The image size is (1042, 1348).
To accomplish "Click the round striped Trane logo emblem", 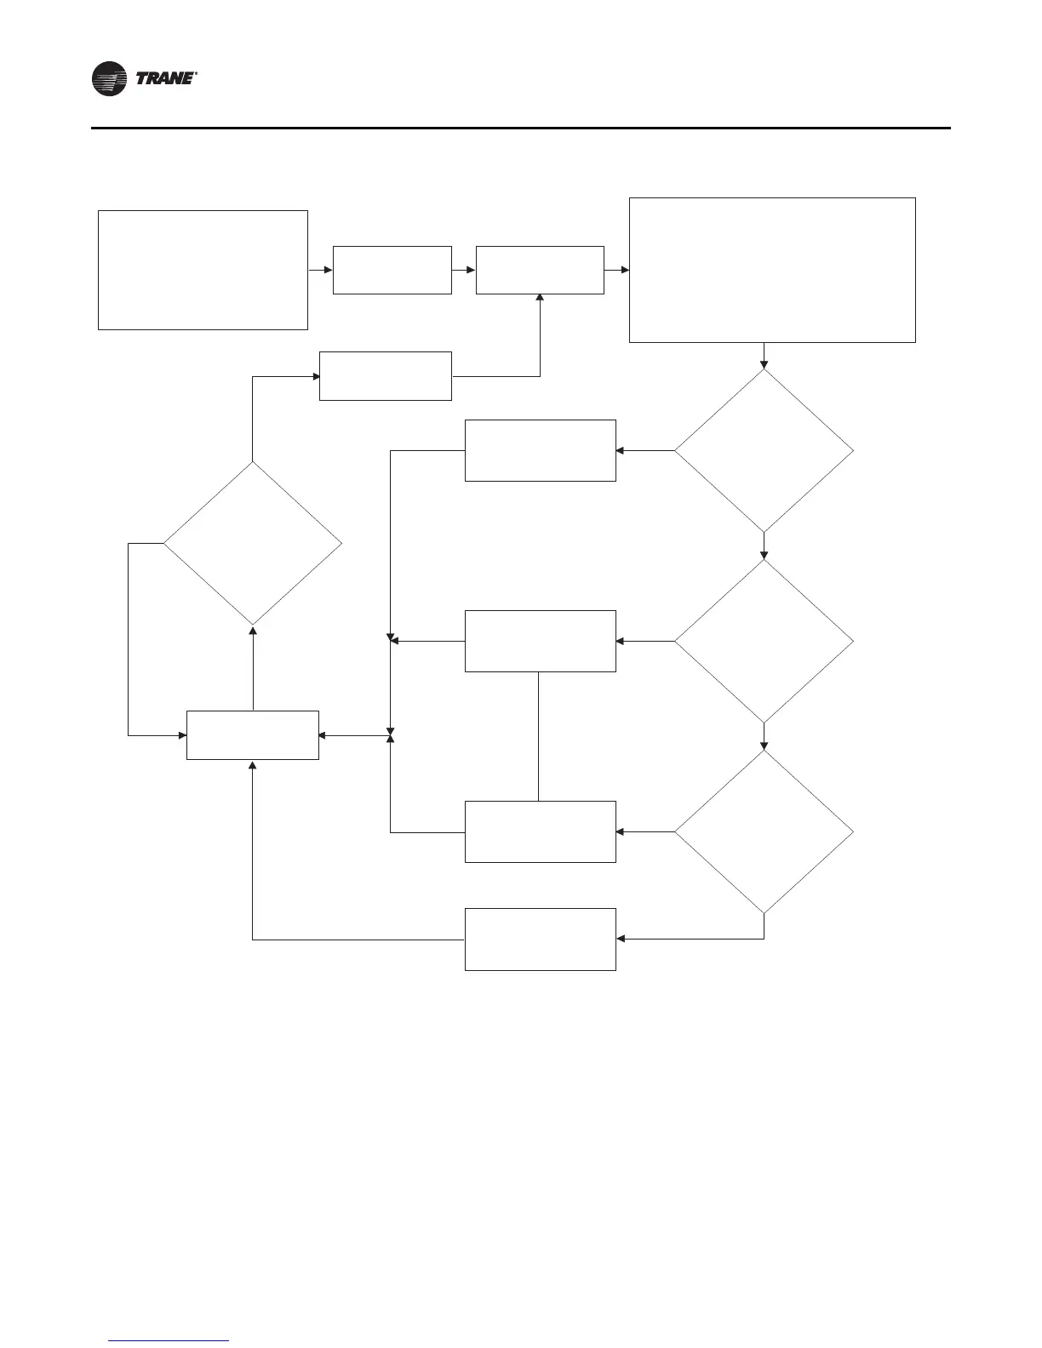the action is pyautogui.click(x=109, y=79).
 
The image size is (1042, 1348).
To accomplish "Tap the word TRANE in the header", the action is pyautogui.click(x=165, y=79).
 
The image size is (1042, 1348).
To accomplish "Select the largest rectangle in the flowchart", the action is pyautogui.click(x=772, y=270).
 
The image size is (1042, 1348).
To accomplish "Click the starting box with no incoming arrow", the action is pyautogui.click(x=203, y=270).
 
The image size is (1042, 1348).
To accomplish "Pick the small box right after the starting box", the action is pyautogui.click(x=392, y=270).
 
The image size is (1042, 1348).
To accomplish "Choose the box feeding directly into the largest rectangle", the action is pyautogui.click(x=540, y=270).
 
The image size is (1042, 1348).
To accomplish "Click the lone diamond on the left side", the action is pyautogui.click(x=252, y=543).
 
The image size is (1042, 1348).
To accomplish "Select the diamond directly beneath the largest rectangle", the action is pyautogui.click(x=764, y=450).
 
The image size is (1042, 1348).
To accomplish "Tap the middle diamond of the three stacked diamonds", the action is pyautogui.click(x=764, y=641).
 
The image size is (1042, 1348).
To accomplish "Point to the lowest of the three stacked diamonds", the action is pyautogui.click(x=764, y=831).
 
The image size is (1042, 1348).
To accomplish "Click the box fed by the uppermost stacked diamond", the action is pyautogui.click(x=540, y=450).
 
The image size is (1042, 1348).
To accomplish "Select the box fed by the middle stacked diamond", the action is pyautogui.click(x=540, y=641).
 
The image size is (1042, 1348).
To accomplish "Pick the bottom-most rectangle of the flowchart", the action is pyautogui.click(x=540, y=939).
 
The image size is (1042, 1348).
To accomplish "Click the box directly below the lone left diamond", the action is pyautogui.click(x=252, y=734).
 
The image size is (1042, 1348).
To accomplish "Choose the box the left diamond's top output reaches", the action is pyautogui.click(x=385, y=375).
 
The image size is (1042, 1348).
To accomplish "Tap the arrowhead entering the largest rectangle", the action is pyautogui.click(x=625, y=270).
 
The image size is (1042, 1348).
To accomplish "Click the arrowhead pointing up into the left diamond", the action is pyautogui.click(x=252, y=630).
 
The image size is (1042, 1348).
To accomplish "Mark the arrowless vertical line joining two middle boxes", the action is pyautogui.click(x=539, y=736).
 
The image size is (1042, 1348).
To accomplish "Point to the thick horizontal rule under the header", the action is pyautogui.click(x=520, y=129).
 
